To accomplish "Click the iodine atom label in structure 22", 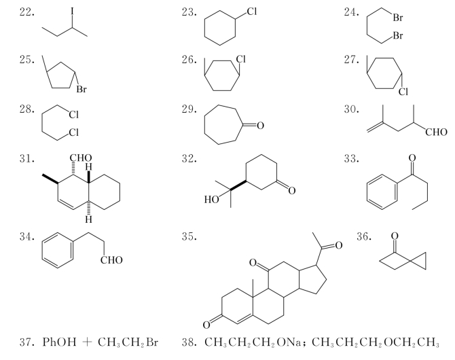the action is [72, 12].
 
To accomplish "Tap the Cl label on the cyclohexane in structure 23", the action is [251, 12].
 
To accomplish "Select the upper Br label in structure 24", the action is [398, 18].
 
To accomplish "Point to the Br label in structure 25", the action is [81, 89].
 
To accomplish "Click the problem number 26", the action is [189, 60].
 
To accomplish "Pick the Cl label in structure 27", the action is [403, 92].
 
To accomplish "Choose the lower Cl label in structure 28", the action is [74, 132].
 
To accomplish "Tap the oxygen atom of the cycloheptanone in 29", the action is [260, 126].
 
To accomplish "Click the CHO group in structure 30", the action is [436, 132].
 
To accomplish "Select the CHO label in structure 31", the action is [81, 158].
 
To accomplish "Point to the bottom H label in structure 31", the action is [89, 219].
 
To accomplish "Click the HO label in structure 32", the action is [211, 200].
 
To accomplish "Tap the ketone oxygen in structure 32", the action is [292, 190].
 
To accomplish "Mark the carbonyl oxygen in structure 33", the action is [412, 158].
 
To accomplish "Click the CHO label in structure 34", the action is [111, 260].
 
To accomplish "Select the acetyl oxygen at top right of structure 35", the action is [339, 246].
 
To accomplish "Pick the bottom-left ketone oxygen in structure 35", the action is [206, 325].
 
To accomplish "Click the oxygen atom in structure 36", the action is [395, 236].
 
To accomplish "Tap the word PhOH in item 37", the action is [60, 342].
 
